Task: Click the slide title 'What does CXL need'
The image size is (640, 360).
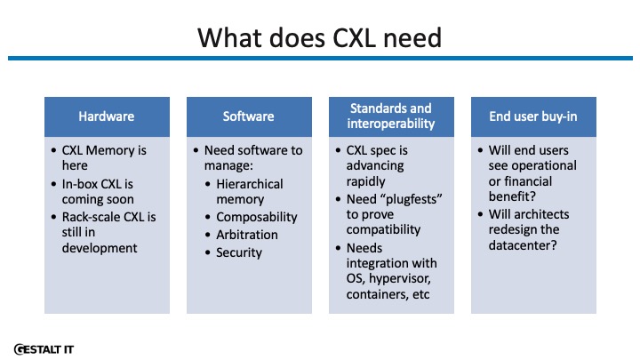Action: (x=320, y=38)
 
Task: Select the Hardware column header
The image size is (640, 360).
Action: (x=107, y=116)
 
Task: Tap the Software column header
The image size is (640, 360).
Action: (x=249, y=116)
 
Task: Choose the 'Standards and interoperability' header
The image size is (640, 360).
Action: (x=391, y=116)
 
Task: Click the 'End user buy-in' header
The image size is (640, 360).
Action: (x=533, y=116)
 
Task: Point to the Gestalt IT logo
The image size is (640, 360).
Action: (x=44, y=349)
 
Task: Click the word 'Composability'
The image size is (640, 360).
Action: (x=257, y=217)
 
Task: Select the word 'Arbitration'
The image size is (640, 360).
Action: (x=247, y=235)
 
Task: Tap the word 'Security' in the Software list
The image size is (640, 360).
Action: (x=239, y=252)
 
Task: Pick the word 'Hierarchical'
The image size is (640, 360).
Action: (x=250, y=184)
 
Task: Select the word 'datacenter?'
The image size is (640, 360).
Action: (x=523, y=245)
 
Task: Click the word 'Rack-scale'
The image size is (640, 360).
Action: (x=91, y=217)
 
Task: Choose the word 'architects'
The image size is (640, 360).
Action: (x=543, y=214)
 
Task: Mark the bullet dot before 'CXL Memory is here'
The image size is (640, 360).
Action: (x=54, y=150)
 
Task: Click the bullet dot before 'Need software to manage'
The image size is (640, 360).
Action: (x=196, y=150)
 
